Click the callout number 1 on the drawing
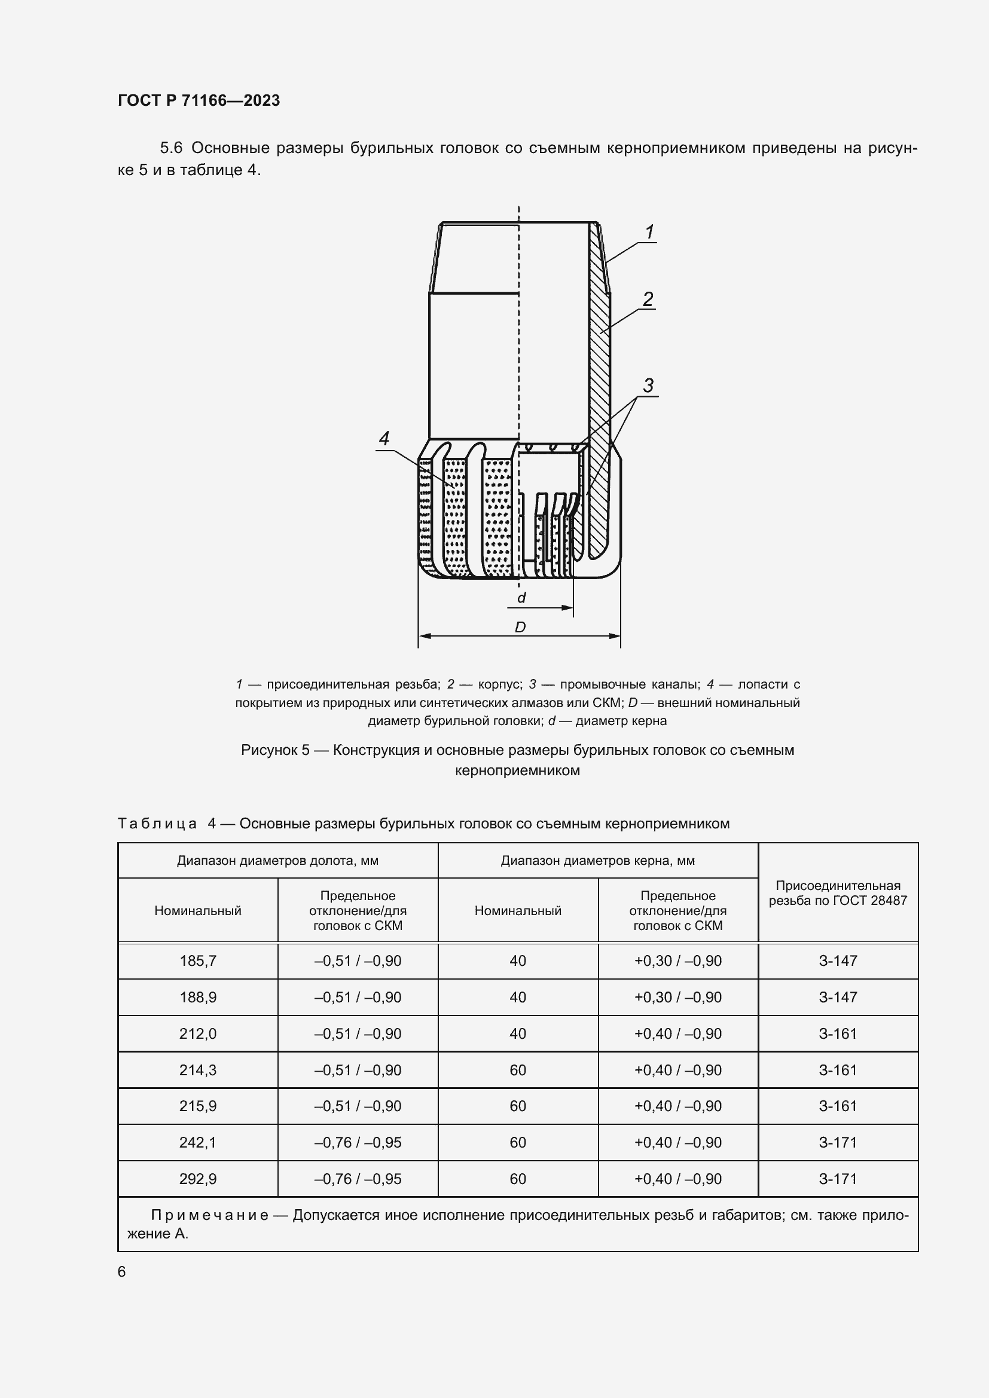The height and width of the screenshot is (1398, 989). pyautogui.click(x=649, y=232)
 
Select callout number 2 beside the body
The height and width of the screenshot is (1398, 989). pyautogui.click(x=648, y=299)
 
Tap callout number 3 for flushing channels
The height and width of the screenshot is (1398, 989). pyautogui.click(x=648, y=386)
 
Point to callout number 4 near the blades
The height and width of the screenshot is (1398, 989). pyautogui.click(x=384, y=438)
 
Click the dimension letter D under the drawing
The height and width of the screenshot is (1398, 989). pyautogui.click(x=520, y=627)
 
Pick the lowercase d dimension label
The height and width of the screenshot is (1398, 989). pyautogui.click(x=521, y=598)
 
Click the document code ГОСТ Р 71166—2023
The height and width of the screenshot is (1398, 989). pyautogui.click(x=199, y=100)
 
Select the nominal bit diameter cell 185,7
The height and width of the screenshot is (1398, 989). pyautogui.click(x=198, y=961)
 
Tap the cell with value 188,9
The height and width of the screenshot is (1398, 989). pyautogui.click(x=198, y=998)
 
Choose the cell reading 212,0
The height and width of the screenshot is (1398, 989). pyautogui.click(x=198, y=1034)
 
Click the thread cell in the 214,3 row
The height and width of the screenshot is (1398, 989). pyautogui.click(x=838, y=1070)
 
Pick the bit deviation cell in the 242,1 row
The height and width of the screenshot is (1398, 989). pyautogui.click(x=358, y=1142)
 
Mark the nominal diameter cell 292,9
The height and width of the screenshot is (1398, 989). pyautogui.click(x=198, y=1179)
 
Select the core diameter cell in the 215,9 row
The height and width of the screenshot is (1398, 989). pyautogui.click(x=518, y=1106)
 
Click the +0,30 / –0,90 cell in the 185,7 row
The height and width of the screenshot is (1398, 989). pyautogui.click(x=678, y=961)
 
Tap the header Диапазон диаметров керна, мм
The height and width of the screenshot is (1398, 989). pyautogui.click(x=597, y=860)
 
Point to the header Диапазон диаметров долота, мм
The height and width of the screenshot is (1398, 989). pyautogui.click(x=277, y=860)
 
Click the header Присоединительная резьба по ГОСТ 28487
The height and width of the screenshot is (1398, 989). pyautogui.click(x=838, y=892)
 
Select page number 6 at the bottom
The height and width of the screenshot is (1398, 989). pyautogui.click(x=122, y=1271)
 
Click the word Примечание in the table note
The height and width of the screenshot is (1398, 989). pyautogui.click(x=209, y=1215)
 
